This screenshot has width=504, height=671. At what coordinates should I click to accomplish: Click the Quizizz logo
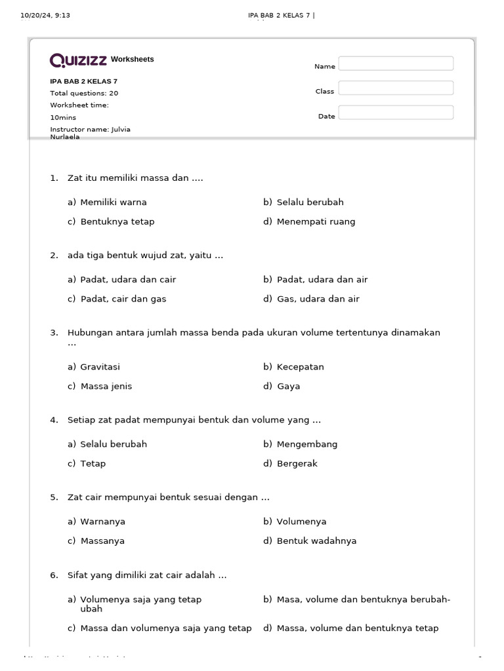78,60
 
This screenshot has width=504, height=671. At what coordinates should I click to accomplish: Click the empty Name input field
396,64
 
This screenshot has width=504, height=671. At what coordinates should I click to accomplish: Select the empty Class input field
396,88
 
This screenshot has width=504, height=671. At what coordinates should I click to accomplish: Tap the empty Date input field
396,113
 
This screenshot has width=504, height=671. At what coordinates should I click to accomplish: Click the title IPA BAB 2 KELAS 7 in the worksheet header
84,81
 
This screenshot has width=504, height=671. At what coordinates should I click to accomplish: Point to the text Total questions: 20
84,93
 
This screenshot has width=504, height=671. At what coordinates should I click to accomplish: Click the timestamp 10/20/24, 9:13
45,16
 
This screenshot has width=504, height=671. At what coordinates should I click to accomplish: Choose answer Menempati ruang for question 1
316,221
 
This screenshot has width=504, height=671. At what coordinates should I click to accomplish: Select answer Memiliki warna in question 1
113,202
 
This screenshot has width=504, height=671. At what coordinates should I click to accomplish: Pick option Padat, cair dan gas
123,299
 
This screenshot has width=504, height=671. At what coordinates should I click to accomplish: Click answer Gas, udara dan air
318,299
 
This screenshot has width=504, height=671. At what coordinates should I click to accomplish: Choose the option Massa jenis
106,386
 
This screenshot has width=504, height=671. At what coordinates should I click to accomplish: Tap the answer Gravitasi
100,367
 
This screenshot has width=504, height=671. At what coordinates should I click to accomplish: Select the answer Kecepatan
300,367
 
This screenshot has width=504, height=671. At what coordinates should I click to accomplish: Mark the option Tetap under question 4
93,463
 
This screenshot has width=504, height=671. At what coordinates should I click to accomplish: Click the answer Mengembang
306,444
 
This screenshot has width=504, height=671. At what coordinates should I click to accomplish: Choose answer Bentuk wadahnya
316,541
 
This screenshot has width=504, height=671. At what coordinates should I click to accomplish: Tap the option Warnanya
102,522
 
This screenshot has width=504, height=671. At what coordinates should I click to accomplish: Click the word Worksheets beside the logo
133,60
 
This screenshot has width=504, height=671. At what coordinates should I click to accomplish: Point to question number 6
54,575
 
